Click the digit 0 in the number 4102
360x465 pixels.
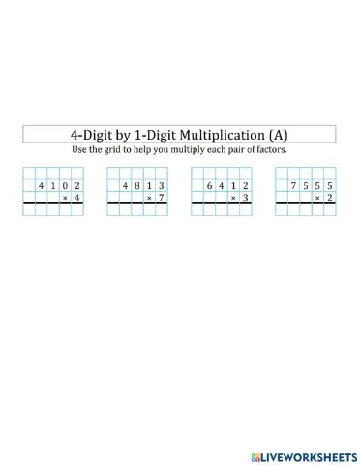(65, 184)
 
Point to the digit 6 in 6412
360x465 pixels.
(209, 184)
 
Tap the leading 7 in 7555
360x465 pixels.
(293, 184)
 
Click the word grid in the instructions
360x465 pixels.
(116, 150)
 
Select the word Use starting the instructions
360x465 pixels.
(81, 150)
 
